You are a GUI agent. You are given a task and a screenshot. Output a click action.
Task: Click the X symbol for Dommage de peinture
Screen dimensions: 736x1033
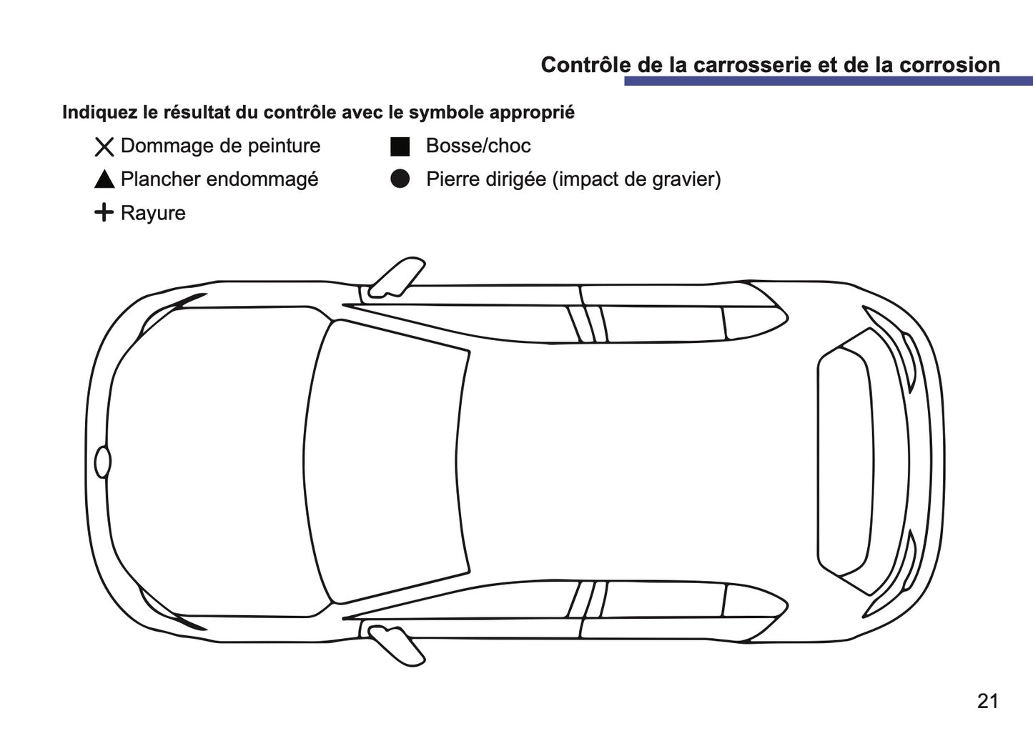[x=104, y=147]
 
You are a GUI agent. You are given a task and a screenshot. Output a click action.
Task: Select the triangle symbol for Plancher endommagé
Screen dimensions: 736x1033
[x=104, y=180]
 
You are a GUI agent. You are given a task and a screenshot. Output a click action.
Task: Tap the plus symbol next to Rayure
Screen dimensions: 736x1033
[x=104, y=213]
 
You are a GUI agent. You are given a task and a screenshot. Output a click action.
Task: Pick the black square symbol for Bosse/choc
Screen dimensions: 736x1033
[x=400, y=146]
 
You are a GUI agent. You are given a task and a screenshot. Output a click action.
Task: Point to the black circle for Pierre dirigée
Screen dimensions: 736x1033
[x=400, y=179]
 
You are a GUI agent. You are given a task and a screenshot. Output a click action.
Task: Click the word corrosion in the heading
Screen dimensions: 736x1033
[x=949, y=65]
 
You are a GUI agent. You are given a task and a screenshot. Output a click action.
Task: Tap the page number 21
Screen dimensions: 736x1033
[x=987, y=702]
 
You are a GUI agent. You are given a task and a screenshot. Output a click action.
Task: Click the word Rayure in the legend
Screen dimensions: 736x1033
[x=153, y=214]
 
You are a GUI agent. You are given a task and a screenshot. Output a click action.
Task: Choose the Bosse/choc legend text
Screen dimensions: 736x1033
[x=478, y=146]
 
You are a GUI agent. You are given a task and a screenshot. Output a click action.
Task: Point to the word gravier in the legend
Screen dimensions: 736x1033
[x=682, y=179]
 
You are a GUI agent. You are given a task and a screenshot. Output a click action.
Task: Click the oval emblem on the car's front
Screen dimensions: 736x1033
[x=103, y=462]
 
